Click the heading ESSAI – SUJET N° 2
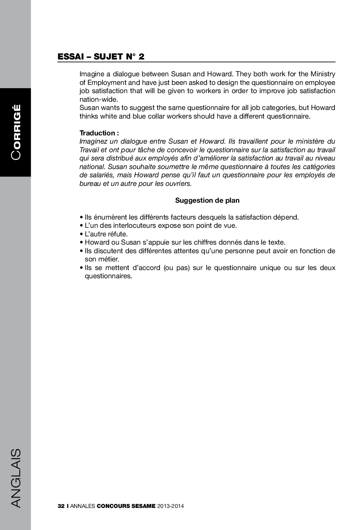click(x=101, y=56)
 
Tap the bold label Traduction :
click(x=99, y=133)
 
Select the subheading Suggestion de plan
click(x=207, y=200)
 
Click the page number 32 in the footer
click(x=61, y=506)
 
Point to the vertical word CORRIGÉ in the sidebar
click(x=16, y=132)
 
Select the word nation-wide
click(x=98, y=99)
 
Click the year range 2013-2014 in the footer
click(x=170, y=506)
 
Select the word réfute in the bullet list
click(x=117, y=234)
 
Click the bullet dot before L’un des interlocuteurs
click(x=81, y=226)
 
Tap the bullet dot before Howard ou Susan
click(x=81, y=243)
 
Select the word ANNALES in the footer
click(x=82, y=506)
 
